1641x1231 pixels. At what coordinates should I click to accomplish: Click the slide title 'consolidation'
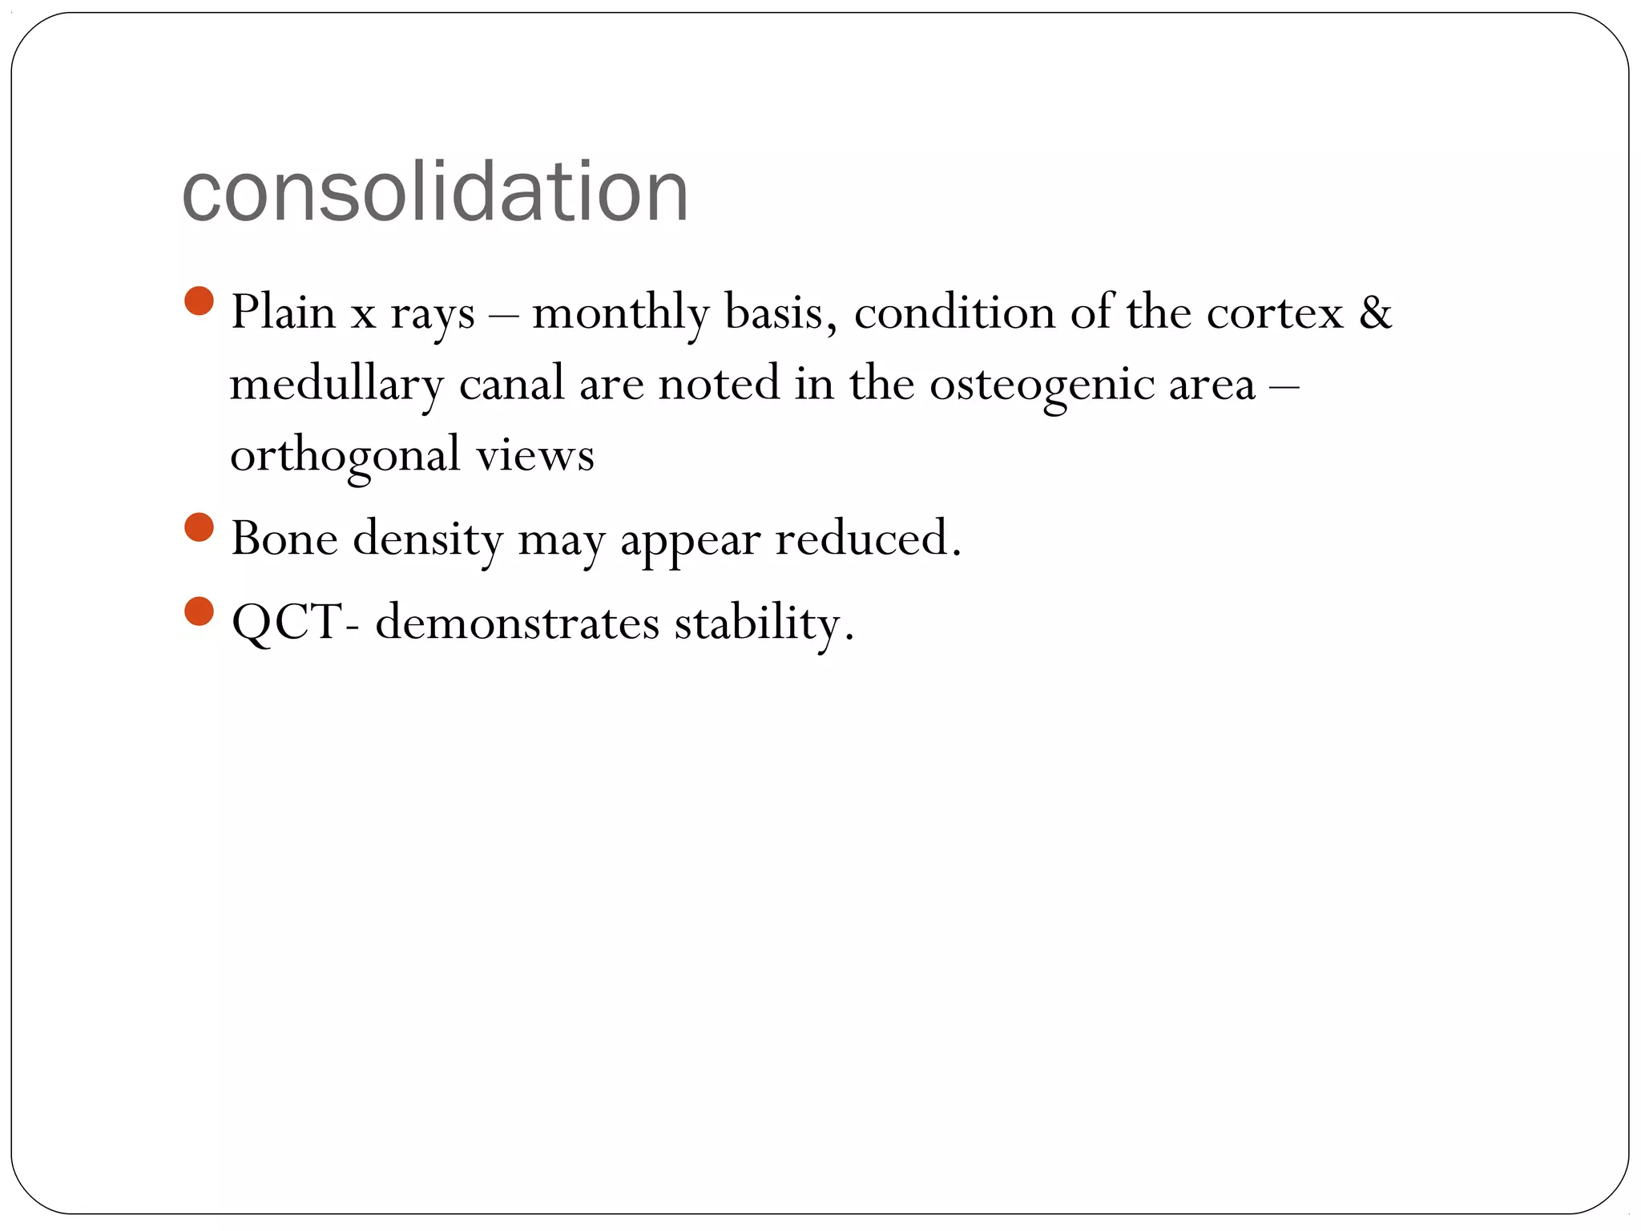click(x=435, y=192)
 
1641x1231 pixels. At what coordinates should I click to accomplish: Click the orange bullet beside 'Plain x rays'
click(x=199, y=301)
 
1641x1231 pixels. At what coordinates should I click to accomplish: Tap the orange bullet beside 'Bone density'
click(x=199, y=528)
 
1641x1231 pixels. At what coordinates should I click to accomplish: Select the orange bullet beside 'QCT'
click(x=199, y=611)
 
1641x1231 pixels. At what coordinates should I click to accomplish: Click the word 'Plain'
click(x=283, y=312)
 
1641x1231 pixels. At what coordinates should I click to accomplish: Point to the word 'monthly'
click(x=620, y=313)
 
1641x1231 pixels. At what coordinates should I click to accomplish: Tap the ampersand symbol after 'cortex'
click(x=1375, y=312)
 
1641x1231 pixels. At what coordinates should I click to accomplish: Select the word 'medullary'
click(x=336, y=385)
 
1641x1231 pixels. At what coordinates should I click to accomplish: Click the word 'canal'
click(x=511, y=383)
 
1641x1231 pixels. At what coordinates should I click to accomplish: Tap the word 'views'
click(x=535, y=455)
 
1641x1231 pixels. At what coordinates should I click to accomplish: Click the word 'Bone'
click(x=284, y=538)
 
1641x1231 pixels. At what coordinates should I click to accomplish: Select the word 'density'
click(x=428, y=539)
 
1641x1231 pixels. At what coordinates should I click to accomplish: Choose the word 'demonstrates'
click(x=517, y=623)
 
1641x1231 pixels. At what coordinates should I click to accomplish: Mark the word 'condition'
click(x=954, y=312)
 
